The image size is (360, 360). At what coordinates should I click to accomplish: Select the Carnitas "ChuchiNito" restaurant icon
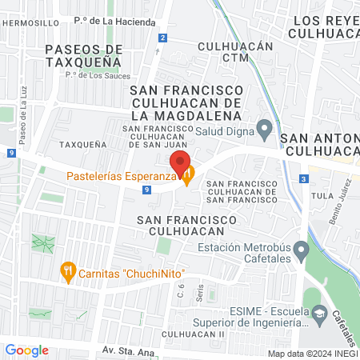(x=69, y=273)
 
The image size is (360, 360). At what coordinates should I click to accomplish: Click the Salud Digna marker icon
(x=264, y=128)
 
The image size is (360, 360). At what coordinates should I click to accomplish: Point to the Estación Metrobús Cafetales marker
(x=301, y=252)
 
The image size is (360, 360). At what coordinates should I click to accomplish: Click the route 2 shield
(x=163, y=38)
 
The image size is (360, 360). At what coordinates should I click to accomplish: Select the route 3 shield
(x=304, y=179)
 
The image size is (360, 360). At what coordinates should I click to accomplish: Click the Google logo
(x=27, y=350)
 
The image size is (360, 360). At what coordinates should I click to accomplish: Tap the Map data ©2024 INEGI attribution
(x=312, y=354)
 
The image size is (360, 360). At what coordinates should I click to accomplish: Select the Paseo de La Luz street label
(x=22, y=129)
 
